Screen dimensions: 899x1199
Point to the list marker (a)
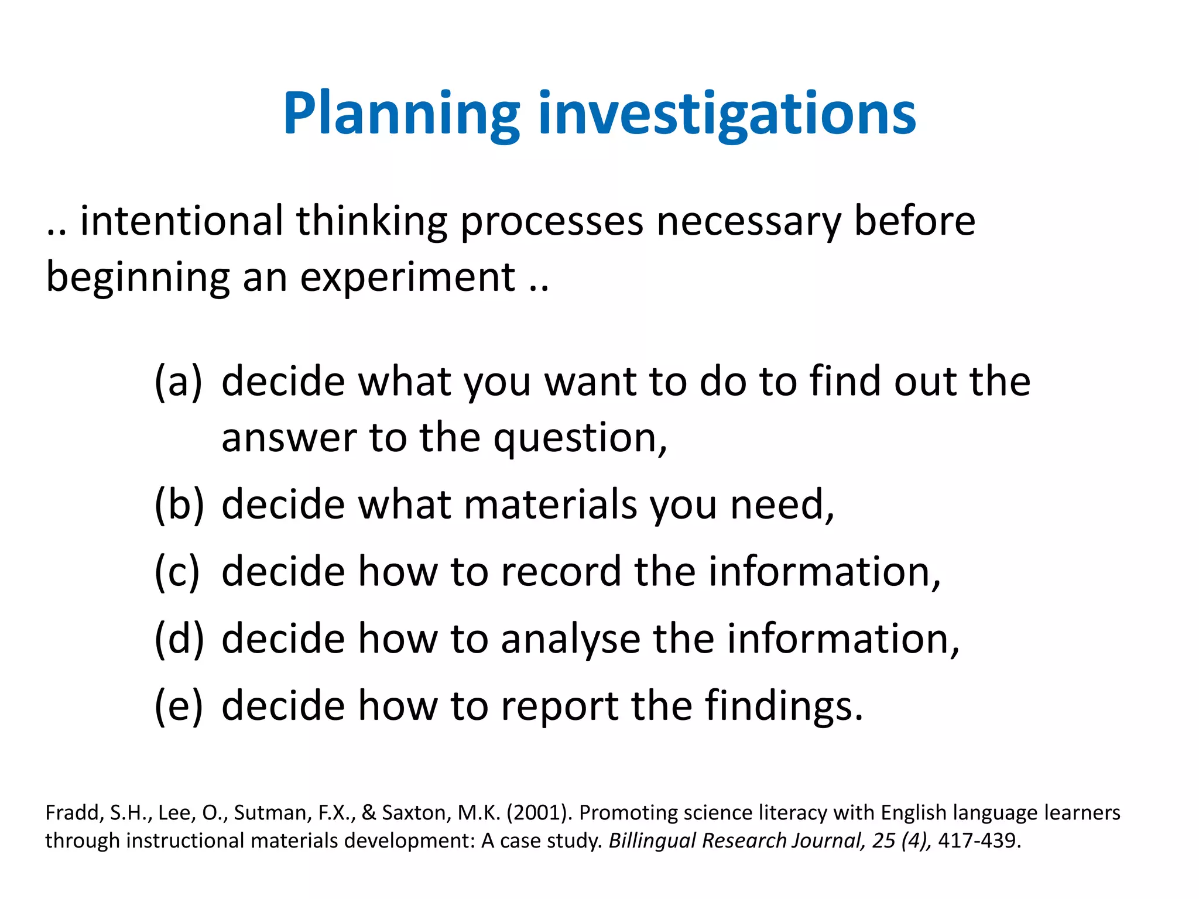[178, 382]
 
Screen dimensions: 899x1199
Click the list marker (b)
[179, 505]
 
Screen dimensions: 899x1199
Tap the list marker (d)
[179, 639]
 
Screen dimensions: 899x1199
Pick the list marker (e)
[178, 706]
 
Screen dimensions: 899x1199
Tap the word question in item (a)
[580, 439]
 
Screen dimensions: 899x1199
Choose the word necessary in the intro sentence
[749, 222]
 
